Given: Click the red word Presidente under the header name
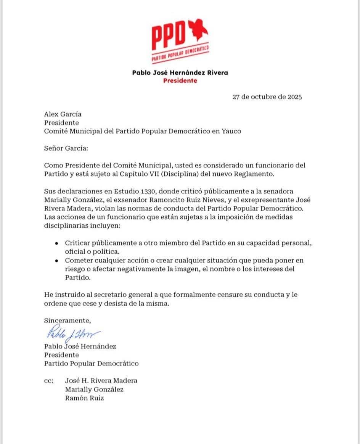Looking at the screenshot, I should point(180,80).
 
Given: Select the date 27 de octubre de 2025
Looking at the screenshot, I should point(267,97).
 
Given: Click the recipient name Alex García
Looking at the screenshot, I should point(63,114).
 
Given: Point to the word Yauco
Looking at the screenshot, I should point(231,131).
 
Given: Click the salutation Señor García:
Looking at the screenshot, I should point(66,148).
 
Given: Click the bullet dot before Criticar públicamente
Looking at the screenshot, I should point(56,243).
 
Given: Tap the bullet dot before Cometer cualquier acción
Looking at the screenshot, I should point(56,261).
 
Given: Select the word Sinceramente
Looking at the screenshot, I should point(67,320).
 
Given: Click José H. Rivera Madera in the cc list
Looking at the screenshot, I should point(101,381).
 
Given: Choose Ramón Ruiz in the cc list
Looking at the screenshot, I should point(84,398).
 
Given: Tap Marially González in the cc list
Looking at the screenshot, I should point(94,389).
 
